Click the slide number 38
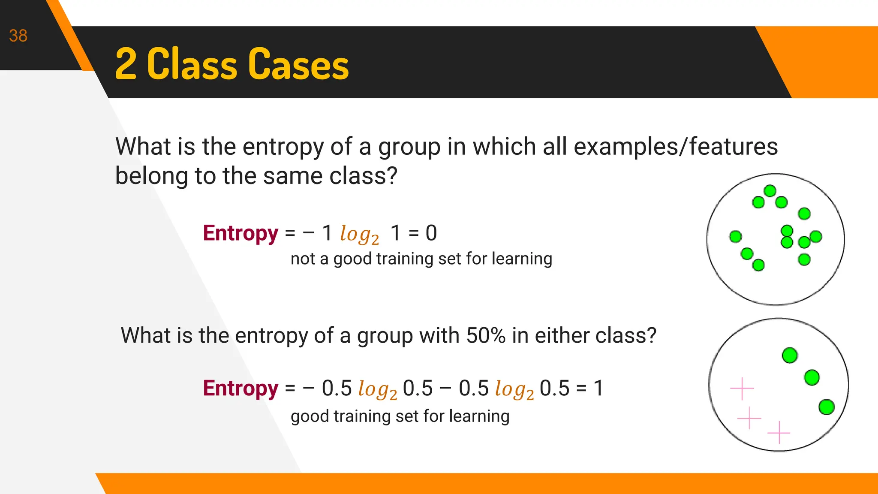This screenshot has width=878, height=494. tap(18, 36)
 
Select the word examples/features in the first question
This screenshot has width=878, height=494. tap(676, 147)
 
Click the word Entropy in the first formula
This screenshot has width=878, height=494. tap(241, 234)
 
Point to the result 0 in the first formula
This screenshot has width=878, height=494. tap(431, 233)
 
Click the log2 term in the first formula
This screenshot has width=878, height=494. tap(359, 235)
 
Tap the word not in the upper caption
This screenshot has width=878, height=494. tap(303, 259)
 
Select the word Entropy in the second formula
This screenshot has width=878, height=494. tap(241, 389)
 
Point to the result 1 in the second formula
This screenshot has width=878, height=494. tap(598, 389)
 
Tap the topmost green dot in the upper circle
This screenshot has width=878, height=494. tap(770, 191)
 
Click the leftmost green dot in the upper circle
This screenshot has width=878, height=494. tap(735, 236)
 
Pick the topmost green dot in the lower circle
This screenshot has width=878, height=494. tap(790, 355)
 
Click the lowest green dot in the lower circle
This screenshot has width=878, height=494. tap(827, 407)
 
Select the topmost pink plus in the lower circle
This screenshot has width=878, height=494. tap(742, 389)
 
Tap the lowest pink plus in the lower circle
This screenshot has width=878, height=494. tap(779, 432)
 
